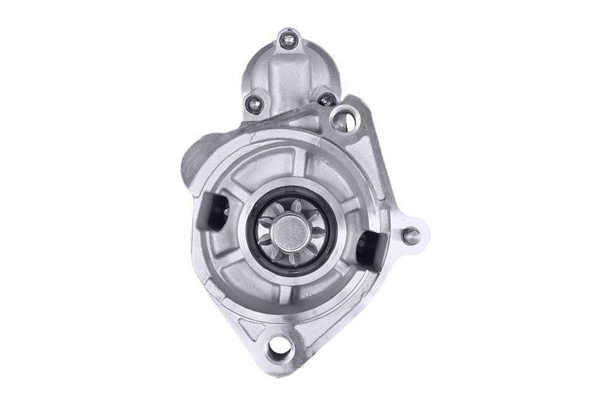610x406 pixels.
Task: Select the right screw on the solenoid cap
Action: tap(326, 99)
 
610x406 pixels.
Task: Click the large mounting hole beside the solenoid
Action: tap(344, 120)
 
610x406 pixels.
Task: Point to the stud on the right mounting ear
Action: tap(411, 235)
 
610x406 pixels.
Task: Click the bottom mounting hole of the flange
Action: tap(280, 348)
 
